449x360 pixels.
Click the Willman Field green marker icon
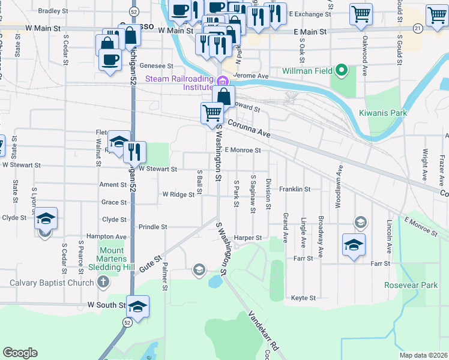342,71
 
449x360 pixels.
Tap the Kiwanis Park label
383,113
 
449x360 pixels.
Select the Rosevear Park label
411,286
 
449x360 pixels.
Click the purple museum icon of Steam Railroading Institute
222,82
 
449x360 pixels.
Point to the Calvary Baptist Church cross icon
103,282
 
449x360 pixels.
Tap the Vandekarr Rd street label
265,329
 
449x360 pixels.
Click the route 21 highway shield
418,28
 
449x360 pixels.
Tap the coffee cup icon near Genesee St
109,60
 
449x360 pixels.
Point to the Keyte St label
303,298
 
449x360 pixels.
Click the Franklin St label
295,189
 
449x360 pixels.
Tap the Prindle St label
152,227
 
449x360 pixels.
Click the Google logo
20,353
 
